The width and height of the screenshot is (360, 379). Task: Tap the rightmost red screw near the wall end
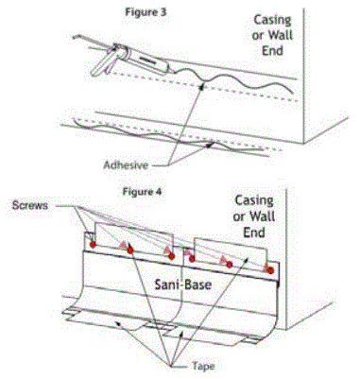pyautogui.click(x=270, y=270)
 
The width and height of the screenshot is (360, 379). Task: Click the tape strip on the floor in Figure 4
pyautogui.click(x=142, y=326)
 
